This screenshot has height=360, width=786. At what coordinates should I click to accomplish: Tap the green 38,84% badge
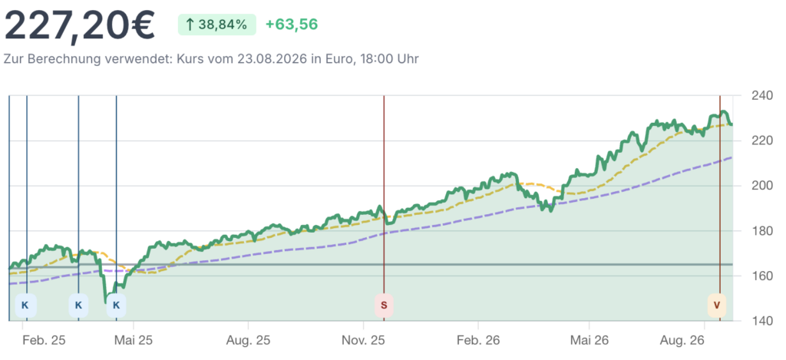point(217,25)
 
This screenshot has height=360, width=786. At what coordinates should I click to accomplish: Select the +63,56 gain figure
point(292,25)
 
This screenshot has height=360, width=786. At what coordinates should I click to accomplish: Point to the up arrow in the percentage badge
point(190,25)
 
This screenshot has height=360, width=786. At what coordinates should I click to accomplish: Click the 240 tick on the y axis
point(762,95)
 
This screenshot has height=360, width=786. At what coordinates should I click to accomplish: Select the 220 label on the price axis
point(762,140)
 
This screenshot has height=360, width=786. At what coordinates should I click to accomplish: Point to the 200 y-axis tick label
point(762,186)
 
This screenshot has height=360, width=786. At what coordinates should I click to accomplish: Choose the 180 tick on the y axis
point(762,230)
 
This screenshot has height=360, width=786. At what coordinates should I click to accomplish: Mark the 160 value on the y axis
point(762,276)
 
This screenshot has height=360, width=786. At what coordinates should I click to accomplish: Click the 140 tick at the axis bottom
point(762,320)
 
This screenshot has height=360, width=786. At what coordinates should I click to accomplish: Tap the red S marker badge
point(384,305)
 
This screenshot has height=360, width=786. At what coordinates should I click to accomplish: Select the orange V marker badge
point(716,305)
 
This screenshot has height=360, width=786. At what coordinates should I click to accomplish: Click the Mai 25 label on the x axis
point(134,341)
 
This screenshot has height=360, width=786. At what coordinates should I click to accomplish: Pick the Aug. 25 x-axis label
point(248,341)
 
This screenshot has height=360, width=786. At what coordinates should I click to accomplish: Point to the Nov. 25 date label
point(363,341)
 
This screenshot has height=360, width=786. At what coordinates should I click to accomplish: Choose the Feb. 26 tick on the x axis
point(477,341)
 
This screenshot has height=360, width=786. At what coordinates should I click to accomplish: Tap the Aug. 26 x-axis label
point(705,341)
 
